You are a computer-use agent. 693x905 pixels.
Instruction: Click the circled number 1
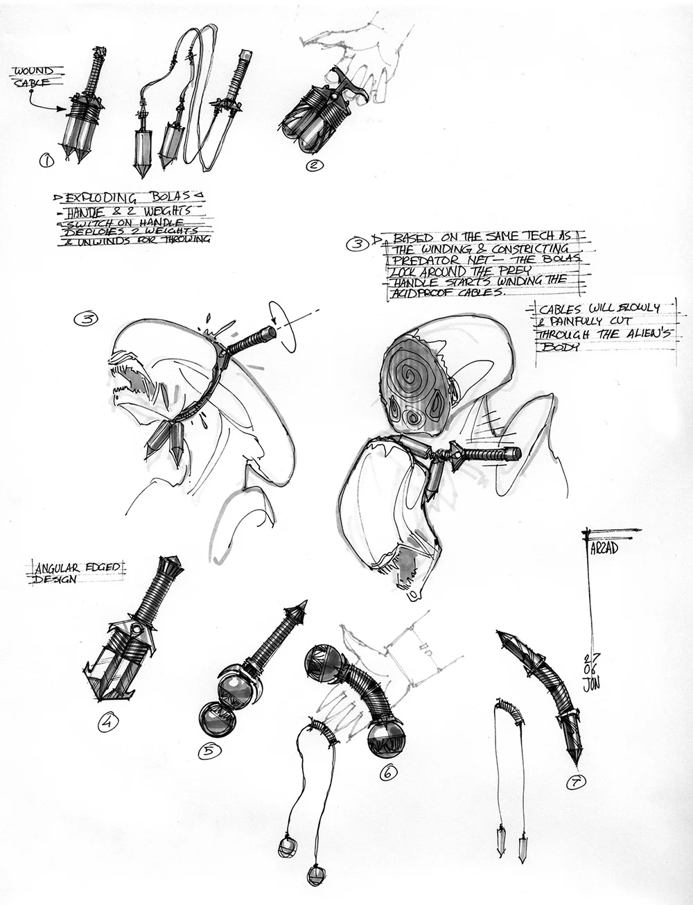click(46, 162)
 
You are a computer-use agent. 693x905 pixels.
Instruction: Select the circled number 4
click(107, 723)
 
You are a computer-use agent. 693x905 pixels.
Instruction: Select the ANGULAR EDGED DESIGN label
click(75, 573)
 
